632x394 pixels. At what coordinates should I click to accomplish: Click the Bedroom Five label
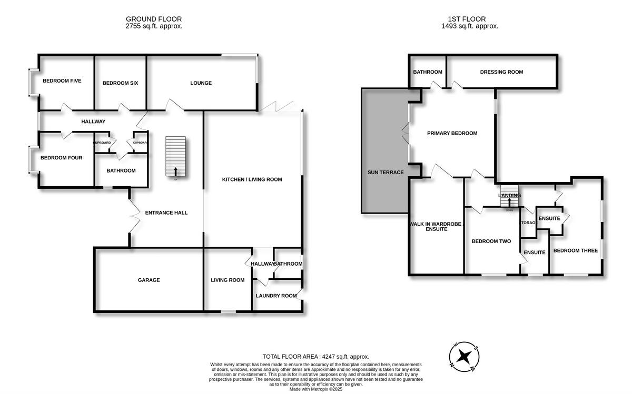(x=62, y=80)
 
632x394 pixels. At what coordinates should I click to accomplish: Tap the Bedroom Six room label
(x=120, y=83)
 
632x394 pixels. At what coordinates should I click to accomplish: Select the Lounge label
(x=201, y=83)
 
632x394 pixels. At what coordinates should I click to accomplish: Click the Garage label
(x=149, y=280)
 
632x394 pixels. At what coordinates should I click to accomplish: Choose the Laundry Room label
(x=276, y=296)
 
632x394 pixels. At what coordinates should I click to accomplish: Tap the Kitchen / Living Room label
(x=252, y=179)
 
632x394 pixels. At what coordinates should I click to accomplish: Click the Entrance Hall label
(x=166, y=213)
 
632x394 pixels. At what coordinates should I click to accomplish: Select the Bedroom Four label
(x=62, y=157)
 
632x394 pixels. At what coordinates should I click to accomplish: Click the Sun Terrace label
(x=386, y=172)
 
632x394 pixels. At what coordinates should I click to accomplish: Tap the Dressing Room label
(x=501, y=72)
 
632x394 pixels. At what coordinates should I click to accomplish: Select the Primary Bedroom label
(x=452, y=133)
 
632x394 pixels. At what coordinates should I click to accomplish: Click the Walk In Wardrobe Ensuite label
(x=436, y=226)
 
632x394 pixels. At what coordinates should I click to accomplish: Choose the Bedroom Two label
(x=491, y=241)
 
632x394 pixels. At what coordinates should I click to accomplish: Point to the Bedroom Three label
(x=575, y=250)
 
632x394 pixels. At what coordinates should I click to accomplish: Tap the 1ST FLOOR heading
(x=470, y=22)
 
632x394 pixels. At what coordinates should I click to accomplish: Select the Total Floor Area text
(x=316, y=356)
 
